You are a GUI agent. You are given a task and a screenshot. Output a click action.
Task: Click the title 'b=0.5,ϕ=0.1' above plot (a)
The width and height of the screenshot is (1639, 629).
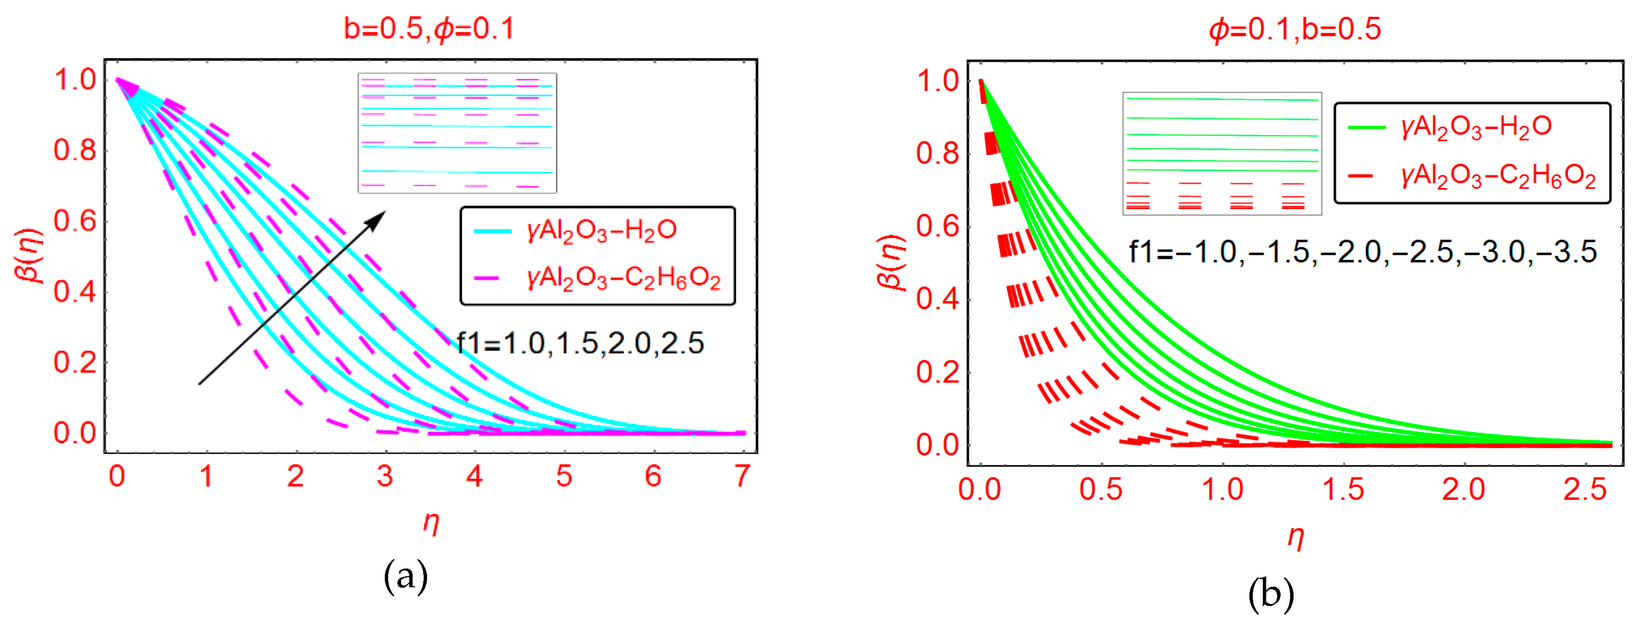point(429,29)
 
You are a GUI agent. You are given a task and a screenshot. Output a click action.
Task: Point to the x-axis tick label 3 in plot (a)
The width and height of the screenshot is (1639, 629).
point(384,476)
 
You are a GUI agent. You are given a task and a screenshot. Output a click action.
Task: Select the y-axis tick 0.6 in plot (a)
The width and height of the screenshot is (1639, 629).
point(74,221)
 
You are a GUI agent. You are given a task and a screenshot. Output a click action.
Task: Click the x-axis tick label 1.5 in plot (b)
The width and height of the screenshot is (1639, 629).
point(1343,490)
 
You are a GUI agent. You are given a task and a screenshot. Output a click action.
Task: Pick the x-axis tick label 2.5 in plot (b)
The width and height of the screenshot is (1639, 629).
point(1585,490)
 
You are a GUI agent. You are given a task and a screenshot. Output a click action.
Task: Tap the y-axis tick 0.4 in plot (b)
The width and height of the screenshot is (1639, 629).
point(937,299)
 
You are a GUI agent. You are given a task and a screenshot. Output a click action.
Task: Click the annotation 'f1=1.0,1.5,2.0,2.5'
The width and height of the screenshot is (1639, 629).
point(580,344)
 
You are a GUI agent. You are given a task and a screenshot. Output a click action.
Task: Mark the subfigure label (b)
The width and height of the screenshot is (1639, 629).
point(1271,594)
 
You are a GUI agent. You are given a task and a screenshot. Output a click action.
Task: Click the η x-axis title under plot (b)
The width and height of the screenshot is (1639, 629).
point(1295,537)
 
